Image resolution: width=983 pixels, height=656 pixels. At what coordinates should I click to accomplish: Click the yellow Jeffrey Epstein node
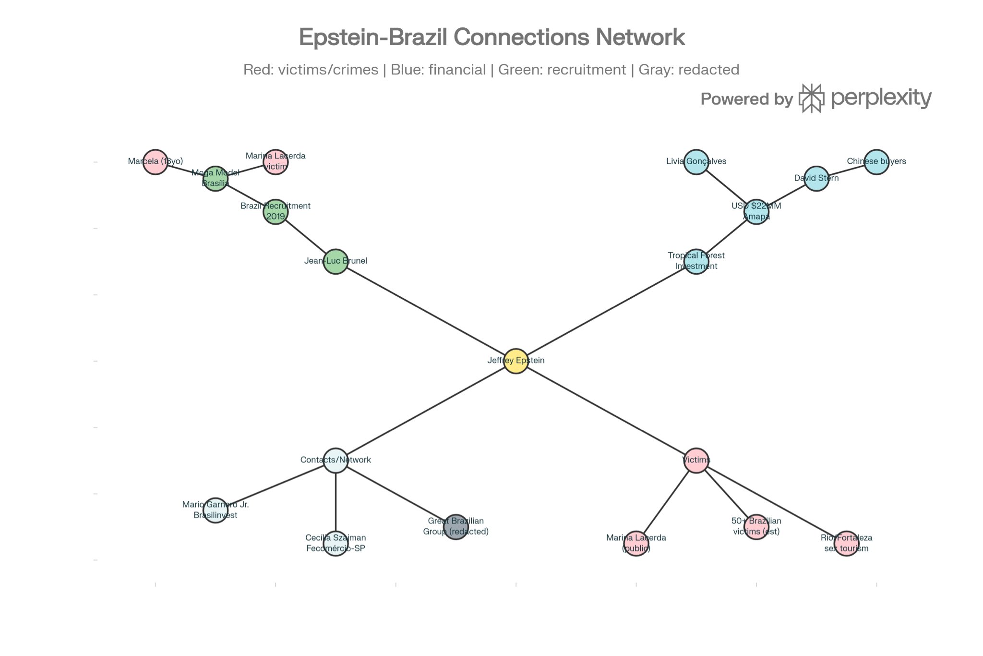[x=516, y=361]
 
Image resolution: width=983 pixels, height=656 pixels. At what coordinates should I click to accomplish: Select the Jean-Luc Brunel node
[x=336, y=262]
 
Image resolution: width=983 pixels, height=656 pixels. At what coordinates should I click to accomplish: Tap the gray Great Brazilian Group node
[x=456, y=527]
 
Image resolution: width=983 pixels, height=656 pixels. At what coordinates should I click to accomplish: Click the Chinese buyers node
[x=876, y=162]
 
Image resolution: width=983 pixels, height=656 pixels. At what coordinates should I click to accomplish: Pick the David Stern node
[x=816, y=179]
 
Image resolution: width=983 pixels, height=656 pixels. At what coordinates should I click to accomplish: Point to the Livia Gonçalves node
[x=696, y=162]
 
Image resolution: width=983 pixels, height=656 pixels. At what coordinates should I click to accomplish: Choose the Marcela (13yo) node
[x=155, y=162]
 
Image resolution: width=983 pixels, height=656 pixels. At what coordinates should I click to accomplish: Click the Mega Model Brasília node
[x=216, y=179]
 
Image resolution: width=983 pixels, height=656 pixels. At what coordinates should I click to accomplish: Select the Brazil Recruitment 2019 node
[x=276, y=212]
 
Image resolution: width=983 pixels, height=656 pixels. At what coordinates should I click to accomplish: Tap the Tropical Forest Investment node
[x=696, y=262]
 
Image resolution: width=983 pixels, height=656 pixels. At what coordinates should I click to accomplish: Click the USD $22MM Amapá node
[x=756, y=212]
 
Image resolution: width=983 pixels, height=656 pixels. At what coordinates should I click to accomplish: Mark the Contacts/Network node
[x=336, y=461]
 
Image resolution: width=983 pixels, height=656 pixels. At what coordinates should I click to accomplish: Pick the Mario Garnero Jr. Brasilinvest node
[x=216, y=510]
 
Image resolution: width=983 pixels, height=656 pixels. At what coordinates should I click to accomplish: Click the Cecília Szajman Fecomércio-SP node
[x=336, y=544]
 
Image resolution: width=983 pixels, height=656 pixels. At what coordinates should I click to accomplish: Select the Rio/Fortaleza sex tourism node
[x=846, y=544]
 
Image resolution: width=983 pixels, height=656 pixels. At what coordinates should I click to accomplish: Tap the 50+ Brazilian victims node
[x=756, y=527]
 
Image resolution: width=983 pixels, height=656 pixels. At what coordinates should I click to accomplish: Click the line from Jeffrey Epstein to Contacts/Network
[x=426, y=411]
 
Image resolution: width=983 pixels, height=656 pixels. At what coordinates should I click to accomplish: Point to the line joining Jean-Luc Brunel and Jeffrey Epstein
[x=426, y=311]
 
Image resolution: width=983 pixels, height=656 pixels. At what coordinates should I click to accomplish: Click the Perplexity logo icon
[x=811, y=98]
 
